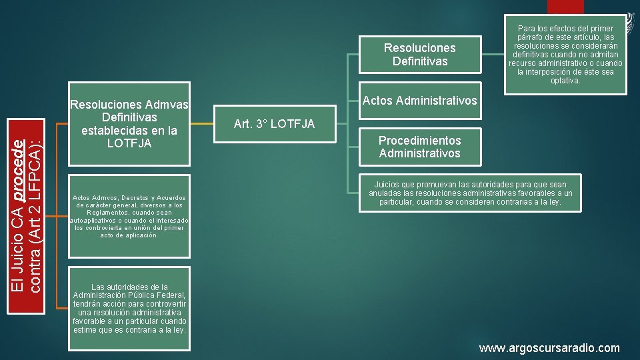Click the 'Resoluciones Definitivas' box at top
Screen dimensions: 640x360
pos(420,55)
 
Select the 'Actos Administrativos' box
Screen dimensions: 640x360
pos(420,101)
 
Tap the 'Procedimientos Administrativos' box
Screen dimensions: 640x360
pos(420,147)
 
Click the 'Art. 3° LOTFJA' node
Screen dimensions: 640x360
pos(275,123)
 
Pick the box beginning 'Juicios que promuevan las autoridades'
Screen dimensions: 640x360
pos(471,193)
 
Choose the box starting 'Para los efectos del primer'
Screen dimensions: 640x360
pos(565,55)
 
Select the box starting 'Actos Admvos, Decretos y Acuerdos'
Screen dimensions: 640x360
pos(129,216)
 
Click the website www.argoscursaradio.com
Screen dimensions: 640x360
pos(549,348)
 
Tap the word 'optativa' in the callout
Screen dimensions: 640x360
pos(565,81)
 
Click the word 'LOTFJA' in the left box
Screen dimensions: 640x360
pos(129,143)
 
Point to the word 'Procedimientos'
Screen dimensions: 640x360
pos(420,141)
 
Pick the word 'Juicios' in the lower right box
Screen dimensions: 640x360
pos(389,185)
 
